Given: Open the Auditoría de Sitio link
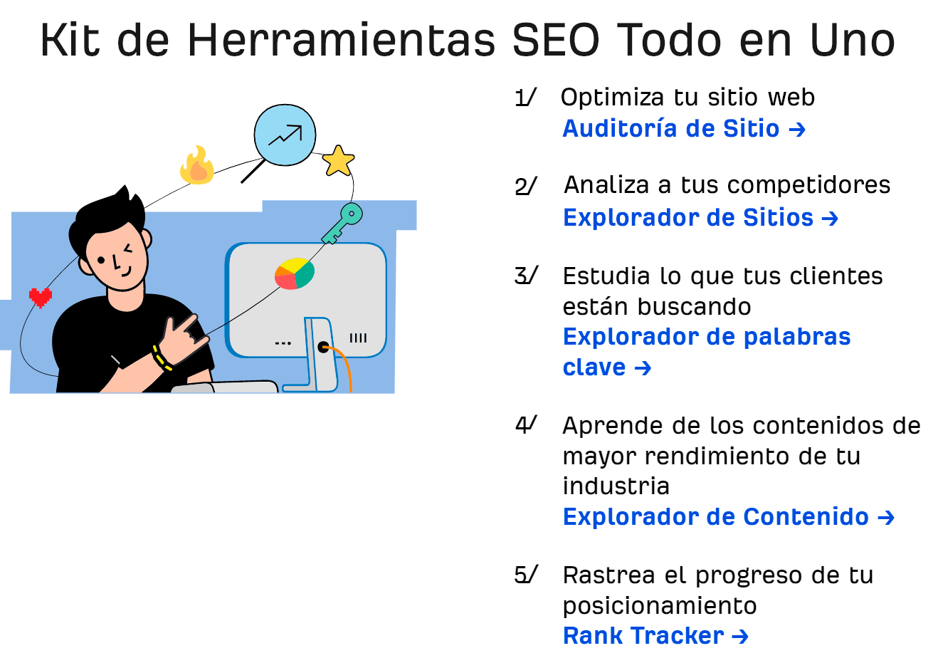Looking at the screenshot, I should click(683, 129).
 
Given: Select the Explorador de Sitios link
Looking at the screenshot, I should click(700, 217).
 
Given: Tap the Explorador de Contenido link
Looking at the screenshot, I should click(728, 517).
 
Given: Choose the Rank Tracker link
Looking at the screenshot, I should click(655, 635).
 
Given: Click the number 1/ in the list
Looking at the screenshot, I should click(525, 98).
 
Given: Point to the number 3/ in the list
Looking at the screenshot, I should click(526, 276).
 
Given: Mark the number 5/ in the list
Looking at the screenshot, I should click(526, 575).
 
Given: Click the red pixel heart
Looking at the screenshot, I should click(40, 296).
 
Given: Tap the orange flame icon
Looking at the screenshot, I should click(197, 167).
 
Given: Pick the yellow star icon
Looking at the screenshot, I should click(338, 161).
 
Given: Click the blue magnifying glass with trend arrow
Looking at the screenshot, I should click(285, 135).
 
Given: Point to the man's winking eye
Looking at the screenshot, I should click(128, 249).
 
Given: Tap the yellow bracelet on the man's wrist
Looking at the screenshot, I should click(162, 358).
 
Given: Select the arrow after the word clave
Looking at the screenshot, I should click(643, 368).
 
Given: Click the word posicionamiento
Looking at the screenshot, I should click(659, 605).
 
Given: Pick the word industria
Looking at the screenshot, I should click(616, 486).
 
